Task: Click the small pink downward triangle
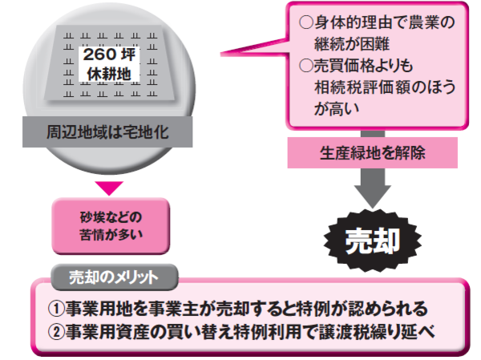(x=112, y=188)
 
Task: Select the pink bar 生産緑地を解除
(x=368, y=152)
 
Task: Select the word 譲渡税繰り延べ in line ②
(x=384, y=331)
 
